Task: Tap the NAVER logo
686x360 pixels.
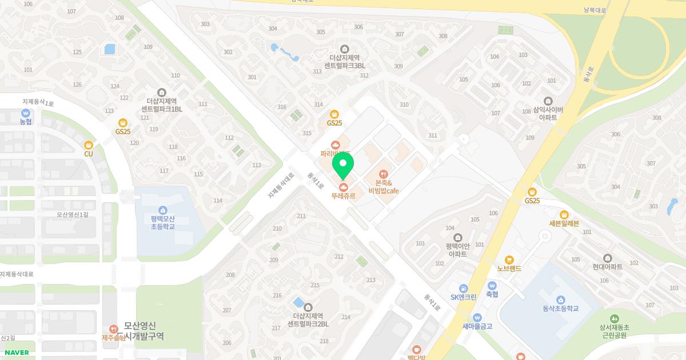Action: point(16,353)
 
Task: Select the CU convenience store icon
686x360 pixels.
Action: point(88,145)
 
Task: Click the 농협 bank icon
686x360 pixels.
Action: point(25,113)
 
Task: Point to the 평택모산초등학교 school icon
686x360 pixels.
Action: point(163,210)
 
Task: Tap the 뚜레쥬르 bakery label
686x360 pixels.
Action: point(343,196)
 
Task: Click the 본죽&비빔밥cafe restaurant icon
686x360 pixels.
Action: point(383,174)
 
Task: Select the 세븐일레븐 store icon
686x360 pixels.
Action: point(564,215)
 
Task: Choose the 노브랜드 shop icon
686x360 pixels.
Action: point(509,260)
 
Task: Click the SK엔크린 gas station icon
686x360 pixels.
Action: point(463,288)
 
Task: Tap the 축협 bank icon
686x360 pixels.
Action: point(492,286)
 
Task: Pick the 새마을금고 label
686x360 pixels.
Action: point(477,326)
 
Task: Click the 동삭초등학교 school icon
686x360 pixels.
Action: point(561,300)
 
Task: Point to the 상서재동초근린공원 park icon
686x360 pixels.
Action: point(614,318)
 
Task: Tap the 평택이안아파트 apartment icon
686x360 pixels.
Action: point(458,238)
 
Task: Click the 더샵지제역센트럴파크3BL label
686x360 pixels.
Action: point(344,62)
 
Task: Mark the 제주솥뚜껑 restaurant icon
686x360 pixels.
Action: point(113,329)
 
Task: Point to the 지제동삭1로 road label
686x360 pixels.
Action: point(38,103)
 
